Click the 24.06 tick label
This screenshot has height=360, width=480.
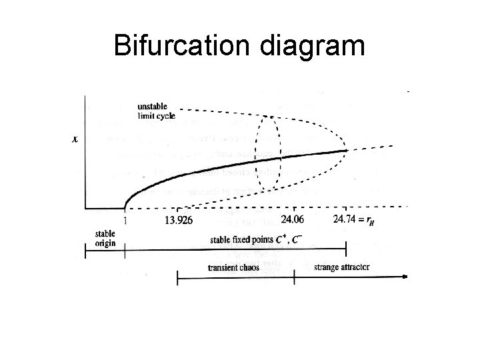293,219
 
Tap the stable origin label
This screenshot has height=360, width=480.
105,239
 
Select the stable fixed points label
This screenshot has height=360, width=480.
250,239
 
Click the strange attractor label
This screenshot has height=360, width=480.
341,268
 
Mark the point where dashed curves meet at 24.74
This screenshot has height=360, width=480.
346,150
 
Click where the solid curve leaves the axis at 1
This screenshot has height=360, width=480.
125,206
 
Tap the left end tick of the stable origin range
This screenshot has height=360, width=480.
85,251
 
